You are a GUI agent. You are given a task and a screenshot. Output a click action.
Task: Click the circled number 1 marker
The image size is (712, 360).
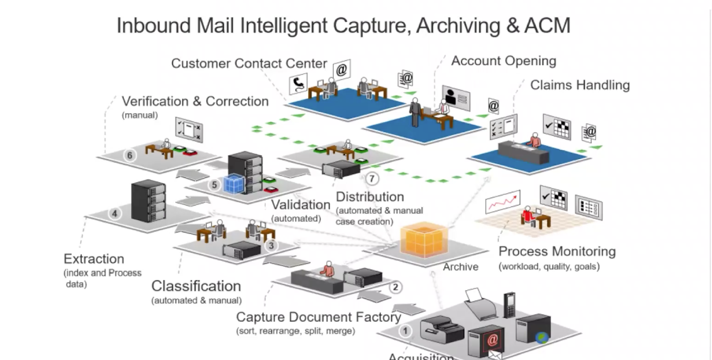click(405, 331)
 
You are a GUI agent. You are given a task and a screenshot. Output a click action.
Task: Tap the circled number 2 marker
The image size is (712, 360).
click(396, 287)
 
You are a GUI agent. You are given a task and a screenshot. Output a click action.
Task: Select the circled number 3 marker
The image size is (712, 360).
click(272, 246)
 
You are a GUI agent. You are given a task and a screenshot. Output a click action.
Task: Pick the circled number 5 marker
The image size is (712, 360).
click(215, 184)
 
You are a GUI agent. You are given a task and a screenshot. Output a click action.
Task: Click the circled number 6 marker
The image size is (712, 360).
click(130, 155)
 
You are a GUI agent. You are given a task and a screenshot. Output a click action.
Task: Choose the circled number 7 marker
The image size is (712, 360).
click(371, 179)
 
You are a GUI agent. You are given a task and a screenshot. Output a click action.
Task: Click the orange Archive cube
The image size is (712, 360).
click(422, 239)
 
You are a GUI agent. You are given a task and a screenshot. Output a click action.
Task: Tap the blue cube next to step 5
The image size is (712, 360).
click(234, 184)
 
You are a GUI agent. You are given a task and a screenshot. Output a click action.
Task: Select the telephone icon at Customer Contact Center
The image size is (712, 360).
click(298, 84)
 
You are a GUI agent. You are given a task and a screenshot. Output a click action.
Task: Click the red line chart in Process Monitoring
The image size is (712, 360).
click(502, 202)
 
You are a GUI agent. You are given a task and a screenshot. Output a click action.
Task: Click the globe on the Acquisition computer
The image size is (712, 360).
click(541, 338)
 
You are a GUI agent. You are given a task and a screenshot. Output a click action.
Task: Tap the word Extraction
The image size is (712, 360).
click(94, 259)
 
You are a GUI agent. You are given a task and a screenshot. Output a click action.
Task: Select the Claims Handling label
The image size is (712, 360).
click(580, 85)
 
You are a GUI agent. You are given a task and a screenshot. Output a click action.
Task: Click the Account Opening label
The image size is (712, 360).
click(503, 61)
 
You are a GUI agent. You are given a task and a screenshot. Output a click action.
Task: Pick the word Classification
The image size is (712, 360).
click(196, 286)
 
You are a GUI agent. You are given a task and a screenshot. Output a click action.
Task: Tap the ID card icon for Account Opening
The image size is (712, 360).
click(456, 97)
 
